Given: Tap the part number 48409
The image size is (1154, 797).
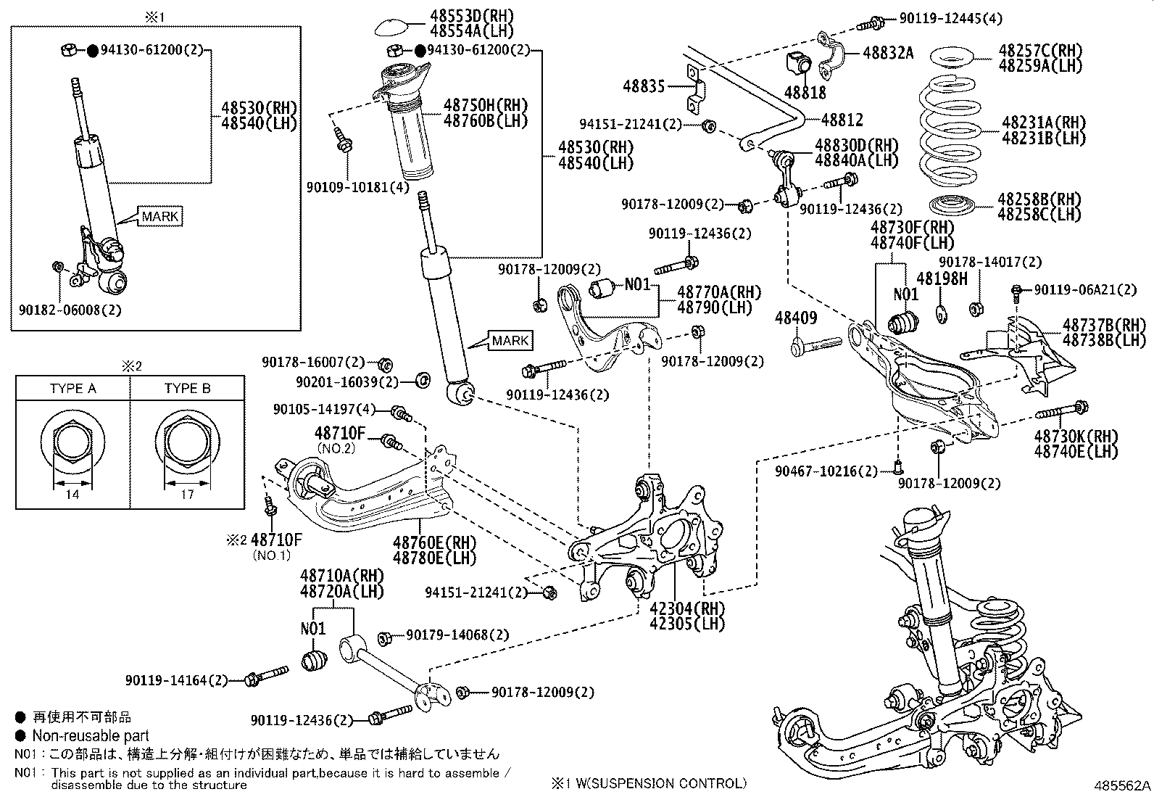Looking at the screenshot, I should click(x=795, y=318).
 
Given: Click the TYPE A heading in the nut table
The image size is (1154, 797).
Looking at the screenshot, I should click(x=72, y=388).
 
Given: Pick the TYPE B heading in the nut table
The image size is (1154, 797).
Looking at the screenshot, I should click(x=187, y=388).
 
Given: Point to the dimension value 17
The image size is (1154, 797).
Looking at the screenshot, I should click(x=186, y=495).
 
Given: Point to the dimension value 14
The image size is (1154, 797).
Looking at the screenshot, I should click(x=72, y=495).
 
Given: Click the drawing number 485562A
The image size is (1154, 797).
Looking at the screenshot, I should click(x=1123, y=785).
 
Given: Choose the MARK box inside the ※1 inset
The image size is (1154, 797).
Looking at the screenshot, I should click(x=159, y=216).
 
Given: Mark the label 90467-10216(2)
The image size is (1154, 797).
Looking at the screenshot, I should click(x=826, y=471).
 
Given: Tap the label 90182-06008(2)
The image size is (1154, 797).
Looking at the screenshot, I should click(x=70, y=309).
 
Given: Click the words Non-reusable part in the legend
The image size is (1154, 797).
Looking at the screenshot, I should click(x=91, y=735).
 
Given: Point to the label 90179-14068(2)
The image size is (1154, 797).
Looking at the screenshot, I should click(x=457, y=635).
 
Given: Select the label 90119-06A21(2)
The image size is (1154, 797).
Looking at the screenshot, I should click(x=1085, y=290).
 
